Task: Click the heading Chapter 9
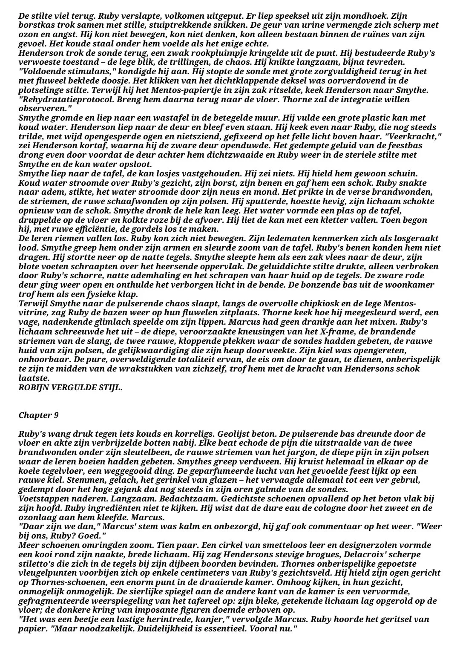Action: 39,415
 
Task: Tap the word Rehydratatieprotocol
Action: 61,99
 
